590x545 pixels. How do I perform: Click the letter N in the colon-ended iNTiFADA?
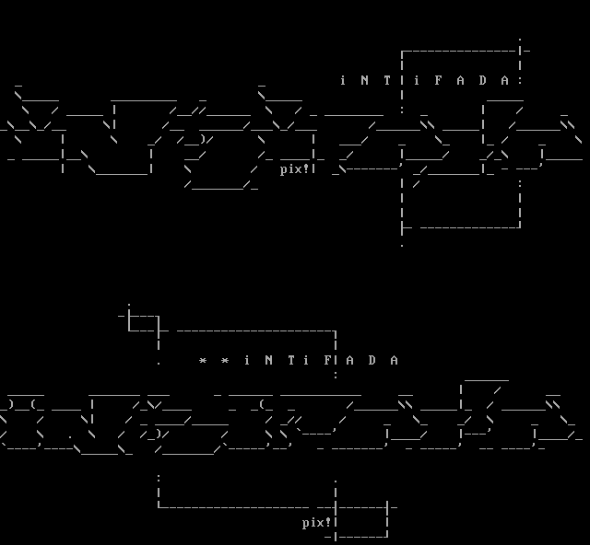pyautogui.click(x=364, y=80)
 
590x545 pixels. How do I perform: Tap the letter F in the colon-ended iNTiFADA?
pyautogui.click(x=438, y=80)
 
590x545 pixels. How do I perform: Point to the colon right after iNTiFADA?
pyautogui.click(x=520, y=80)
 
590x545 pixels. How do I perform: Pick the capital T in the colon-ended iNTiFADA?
pyautogui.click(x=386, y=80)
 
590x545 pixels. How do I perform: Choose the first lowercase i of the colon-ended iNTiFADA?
pyautogui.click(x=342, y=80)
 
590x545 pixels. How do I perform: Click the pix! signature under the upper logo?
pyautogui.click(x=295, y=168)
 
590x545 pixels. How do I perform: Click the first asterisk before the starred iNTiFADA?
pyautogui.click(x=202, y=360)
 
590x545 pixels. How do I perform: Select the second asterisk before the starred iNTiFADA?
pyautogui.click(x=224, y=360)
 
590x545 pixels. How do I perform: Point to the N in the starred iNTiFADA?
pyautogui.click(x=268, y=360)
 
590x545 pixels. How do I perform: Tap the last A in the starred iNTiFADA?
pyautogui.click(x=394, y=360)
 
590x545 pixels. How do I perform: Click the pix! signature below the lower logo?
pyautogui.click(x=316, y=522)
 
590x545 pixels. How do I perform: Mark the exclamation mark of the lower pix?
pyautogui.click(x=327, y=522)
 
